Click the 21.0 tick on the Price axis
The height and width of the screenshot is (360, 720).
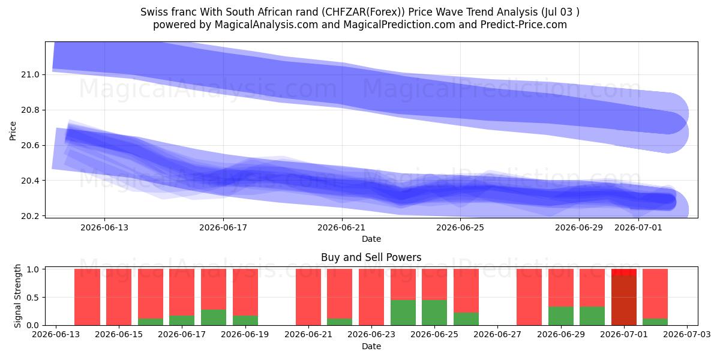30,74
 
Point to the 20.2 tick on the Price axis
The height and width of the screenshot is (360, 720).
30,216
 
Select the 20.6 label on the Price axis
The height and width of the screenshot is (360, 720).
30,145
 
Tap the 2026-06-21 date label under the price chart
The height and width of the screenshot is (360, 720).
341,227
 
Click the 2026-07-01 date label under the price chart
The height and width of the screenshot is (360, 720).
638,227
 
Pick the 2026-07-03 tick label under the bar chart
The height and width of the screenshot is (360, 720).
687,334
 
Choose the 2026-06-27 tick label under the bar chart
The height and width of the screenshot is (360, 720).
497,334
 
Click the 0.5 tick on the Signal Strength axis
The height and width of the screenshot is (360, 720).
33,298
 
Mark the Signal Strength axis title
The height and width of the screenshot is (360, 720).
17,296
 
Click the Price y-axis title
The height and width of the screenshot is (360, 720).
13,131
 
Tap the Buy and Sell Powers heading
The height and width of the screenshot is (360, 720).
371,257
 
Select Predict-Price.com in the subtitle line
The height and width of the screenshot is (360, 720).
524,25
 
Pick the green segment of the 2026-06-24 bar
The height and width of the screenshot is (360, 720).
403,313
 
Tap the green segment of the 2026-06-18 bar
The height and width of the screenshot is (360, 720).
214,317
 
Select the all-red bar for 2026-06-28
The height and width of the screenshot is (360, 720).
529,297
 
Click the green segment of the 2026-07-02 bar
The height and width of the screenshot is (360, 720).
655,322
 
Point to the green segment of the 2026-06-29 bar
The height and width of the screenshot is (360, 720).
561,316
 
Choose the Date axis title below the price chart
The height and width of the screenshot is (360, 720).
371,239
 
